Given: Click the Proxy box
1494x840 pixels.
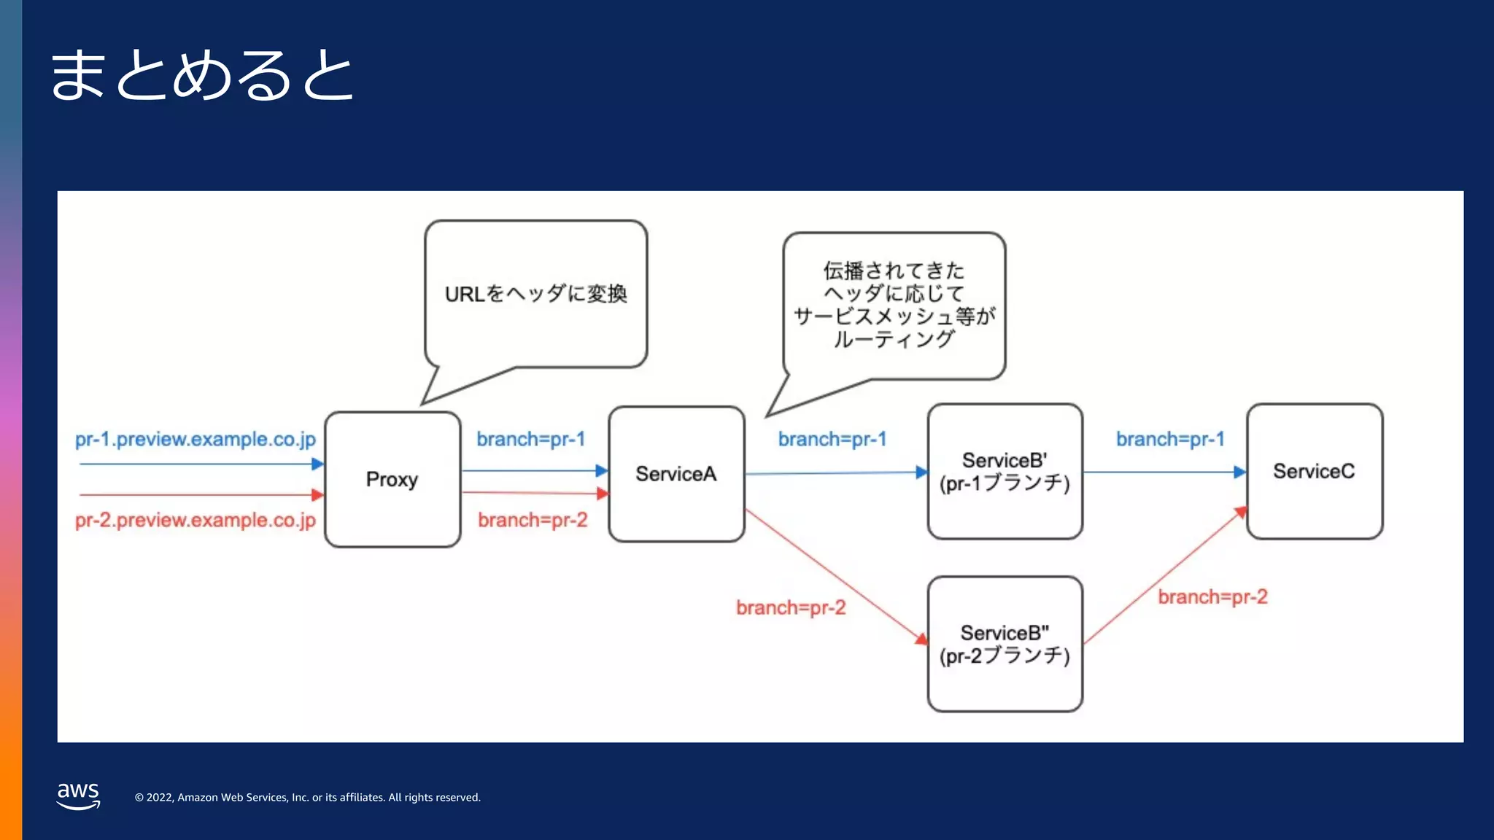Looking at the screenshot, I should tap(392, 480).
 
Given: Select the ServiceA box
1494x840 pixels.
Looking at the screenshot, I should tap(676, 474).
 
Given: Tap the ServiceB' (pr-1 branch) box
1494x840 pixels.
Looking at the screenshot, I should tap(1005, 472).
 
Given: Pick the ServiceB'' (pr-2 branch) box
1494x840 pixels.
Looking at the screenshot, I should tap(1005, 645).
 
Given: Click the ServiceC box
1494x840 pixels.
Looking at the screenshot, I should tap(1314, 472).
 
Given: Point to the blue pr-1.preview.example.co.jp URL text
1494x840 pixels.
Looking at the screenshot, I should tap(196, 439).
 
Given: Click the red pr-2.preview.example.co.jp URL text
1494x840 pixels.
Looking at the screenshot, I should tap(196, 520).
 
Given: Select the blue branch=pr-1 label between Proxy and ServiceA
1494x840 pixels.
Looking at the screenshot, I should tap(531, 439).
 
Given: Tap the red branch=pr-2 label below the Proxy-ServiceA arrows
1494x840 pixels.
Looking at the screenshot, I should tap(533, 520).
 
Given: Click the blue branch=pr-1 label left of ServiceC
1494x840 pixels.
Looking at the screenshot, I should tap(1170, 439).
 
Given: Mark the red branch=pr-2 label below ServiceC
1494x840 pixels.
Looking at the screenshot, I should tap(1212, 597).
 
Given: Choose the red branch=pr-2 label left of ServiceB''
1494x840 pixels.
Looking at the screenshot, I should tap(791, 607).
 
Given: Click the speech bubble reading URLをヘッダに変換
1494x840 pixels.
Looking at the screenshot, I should tap(536, 294).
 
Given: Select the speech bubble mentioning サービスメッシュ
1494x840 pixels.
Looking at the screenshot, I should tap(894, 305).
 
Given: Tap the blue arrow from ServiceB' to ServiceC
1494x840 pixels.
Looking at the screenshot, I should tap(1164, 472).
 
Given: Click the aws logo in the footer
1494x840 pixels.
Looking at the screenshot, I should tap(78, 795).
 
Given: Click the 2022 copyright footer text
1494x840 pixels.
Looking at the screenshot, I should tap(307, 798).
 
